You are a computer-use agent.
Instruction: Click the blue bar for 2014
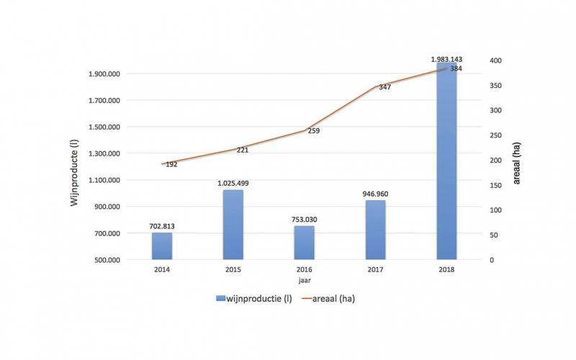coord(162,246)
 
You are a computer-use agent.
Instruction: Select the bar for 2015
coord(233,225)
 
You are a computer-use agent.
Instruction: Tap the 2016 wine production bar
coord(305,243)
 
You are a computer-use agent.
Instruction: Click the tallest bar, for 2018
coord(446,162)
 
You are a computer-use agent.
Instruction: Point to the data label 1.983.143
coord(446,58)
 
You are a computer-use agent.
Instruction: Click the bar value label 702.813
coord(162,226)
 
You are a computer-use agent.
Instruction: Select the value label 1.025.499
coord(233,183)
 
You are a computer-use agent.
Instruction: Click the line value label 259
coord(313,131)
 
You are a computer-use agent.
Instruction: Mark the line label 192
coord(171,164)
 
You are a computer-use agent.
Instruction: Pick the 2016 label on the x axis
coord(305,271)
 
